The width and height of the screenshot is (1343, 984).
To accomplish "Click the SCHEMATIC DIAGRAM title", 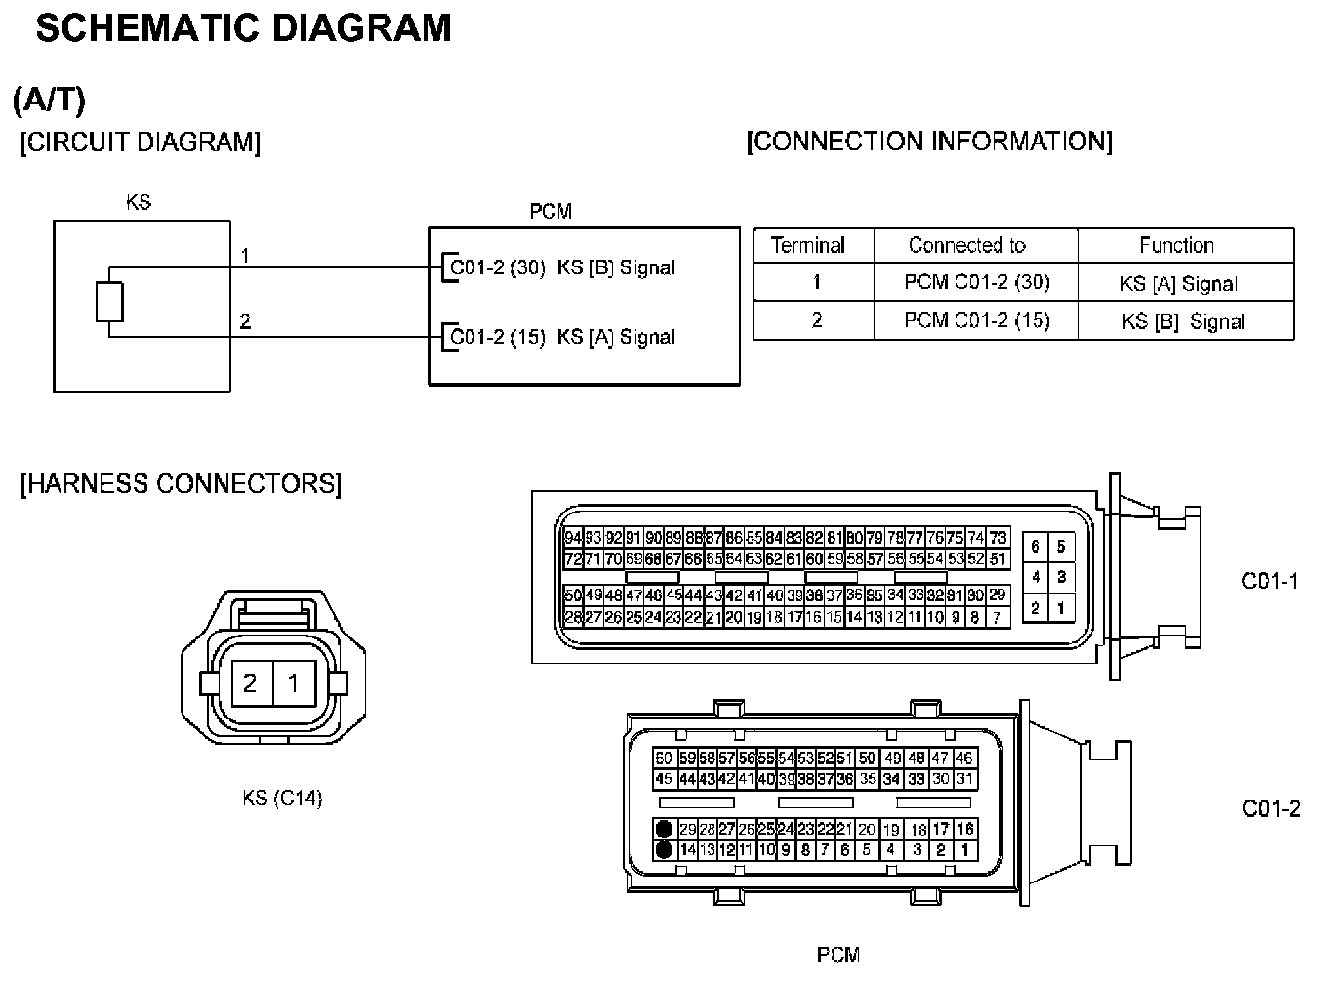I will click(x=243, y=28).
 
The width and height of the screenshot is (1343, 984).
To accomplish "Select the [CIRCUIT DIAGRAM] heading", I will click(x=141, y=143).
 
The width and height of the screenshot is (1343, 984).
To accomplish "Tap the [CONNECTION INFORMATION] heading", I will click(x=928, y=142).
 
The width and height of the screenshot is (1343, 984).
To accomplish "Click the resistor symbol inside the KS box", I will click(x=109, y=302).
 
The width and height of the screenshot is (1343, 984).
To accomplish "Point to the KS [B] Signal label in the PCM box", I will click(x=616, y=267).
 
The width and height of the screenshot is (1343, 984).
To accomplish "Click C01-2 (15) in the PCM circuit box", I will click(x=497, y=337).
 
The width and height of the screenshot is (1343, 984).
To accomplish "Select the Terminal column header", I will click(x=808, y=245).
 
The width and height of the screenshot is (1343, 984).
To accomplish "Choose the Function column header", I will click(x=1176, y=245).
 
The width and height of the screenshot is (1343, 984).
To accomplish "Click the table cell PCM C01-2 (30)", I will click(x=977, y=282).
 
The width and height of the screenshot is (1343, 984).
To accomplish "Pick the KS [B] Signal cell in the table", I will click(x=1183, y=321).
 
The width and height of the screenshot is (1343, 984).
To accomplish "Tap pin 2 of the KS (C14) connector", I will click(x=250, y=682).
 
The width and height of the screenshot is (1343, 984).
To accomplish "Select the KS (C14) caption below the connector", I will click(x=282, y=798).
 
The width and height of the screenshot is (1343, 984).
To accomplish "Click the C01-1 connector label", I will click(x=1270, y=581).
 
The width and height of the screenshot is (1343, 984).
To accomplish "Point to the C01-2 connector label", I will click(x=1271, y=808).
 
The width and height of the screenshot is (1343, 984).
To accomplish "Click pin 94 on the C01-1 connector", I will click(x=573, y=538).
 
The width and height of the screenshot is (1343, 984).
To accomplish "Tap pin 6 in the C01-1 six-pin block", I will click(x=1036, y=547).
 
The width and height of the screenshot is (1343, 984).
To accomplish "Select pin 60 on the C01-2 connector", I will click(x=664, y=758).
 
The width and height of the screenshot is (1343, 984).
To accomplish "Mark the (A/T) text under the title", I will click(x=50, y=99).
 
